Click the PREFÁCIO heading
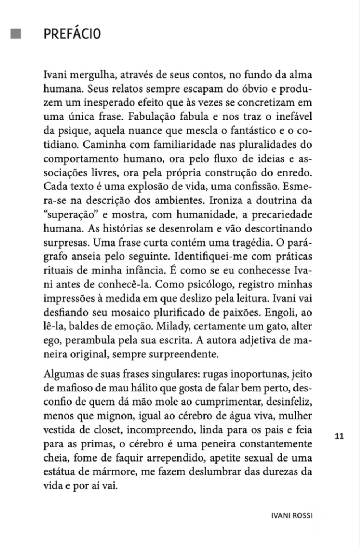[x=72, y=34]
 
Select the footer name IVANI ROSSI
[x=291, y=516]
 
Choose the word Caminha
[x=103, y=145]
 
